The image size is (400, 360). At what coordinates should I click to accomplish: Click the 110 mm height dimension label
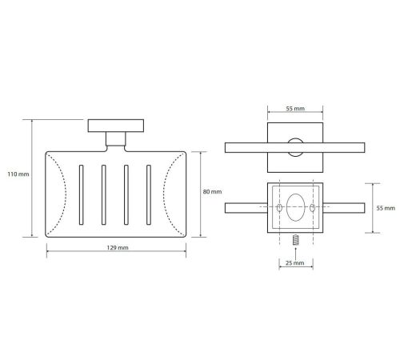point(18,174)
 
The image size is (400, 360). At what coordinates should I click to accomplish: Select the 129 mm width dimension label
point(118,247)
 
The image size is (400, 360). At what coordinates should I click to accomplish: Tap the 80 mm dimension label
point(212,191)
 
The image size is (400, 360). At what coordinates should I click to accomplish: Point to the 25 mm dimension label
point(295,263)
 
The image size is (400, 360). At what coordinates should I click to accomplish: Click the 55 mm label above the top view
point(295,109)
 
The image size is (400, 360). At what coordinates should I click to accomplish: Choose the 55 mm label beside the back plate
point(386,208)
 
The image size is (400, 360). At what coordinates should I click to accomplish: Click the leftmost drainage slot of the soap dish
point(81,194)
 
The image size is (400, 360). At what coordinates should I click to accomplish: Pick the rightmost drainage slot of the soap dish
point(149,194)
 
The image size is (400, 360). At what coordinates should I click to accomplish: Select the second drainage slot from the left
point(104,194)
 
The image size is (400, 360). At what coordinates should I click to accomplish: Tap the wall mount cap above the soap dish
point(116,126)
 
